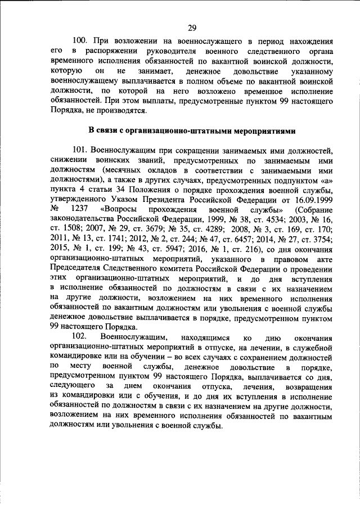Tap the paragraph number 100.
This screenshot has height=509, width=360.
[x=83, y=41]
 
